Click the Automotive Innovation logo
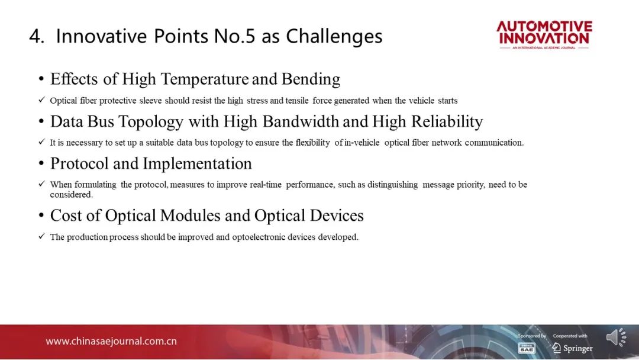click(x=544, y=35)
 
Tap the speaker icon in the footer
click(x=616, y=337)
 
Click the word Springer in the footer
click(x=578, y=348)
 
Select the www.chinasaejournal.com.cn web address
click(x=111, y=341)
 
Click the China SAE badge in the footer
click(x=526, y=348)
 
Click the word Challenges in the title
click(x=334, y=37)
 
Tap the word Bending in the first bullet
click(x=311, y=79)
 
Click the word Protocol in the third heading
click(x=79, y=163)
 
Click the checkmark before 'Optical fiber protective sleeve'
click(x=41, y=99)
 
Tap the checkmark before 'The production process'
click(x=41, y=236)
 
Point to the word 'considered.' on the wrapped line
click(x=72, y=194)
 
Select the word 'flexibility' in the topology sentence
click(x=312, y=143)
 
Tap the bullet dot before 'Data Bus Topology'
click(x=41, y=121)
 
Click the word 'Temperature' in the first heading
click(x=205, y=79)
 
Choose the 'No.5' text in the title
click(x=234, y=36)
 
